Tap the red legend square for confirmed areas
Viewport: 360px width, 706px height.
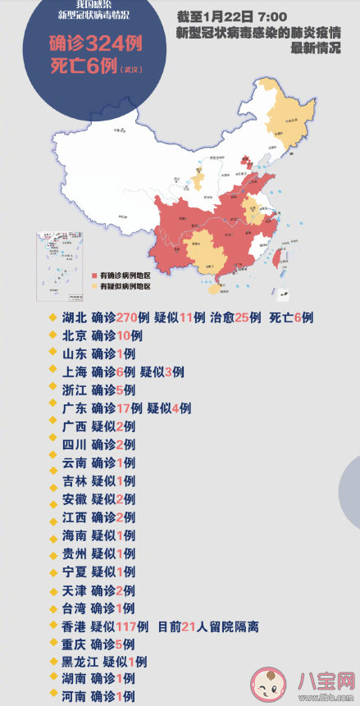(95, 276)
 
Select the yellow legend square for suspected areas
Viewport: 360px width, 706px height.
(95, 287)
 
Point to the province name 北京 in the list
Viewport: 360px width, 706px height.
(73, 335)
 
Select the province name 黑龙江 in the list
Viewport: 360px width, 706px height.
(80, 662)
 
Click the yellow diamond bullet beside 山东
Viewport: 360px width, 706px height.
(53, 353)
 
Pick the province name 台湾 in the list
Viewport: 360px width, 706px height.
(73, 608)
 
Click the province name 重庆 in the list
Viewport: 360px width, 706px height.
(73, 644)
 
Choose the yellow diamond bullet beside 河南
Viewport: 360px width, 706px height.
(53, 697)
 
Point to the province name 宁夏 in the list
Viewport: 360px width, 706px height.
(73, 572)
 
